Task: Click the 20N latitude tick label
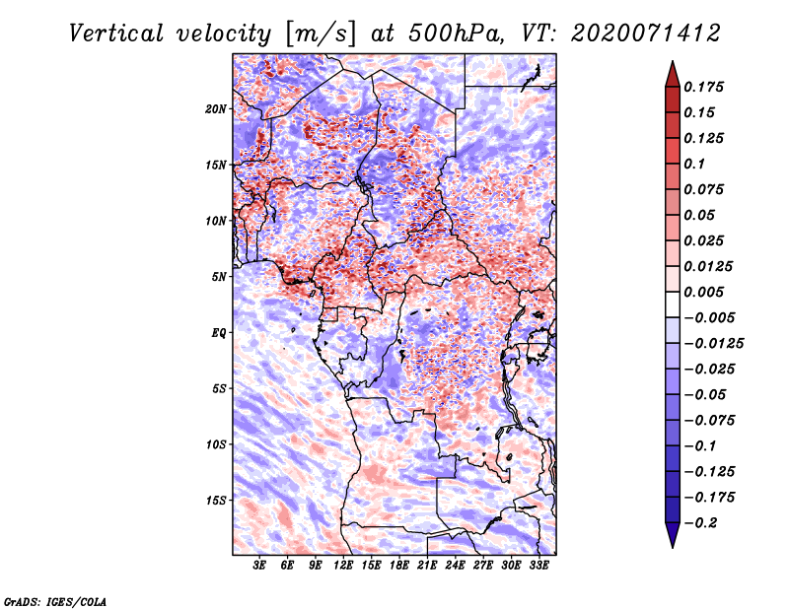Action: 216,109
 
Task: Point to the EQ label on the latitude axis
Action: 219,333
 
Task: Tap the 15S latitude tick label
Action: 216,501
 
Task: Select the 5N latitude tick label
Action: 219,277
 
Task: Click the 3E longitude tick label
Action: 259,566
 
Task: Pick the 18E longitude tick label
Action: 399,566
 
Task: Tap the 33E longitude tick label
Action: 538,566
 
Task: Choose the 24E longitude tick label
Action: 455,566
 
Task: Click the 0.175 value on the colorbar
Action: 703,87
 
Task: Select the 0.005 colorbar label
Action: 703,292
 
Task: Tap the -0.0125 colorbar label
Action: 713,344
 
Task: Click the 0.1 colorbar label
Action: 694,164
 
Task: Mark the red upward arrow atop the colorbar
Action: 673,74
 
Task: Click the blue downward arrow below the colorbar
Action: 673,535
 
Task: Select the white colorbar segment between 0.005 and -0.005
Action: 673,304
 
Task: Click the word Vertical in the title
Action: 116,34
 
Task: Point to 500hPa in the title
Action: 456,34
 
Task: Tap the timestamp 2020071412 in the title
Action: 646,34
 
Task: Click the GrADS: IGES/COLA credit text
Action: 55,602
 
